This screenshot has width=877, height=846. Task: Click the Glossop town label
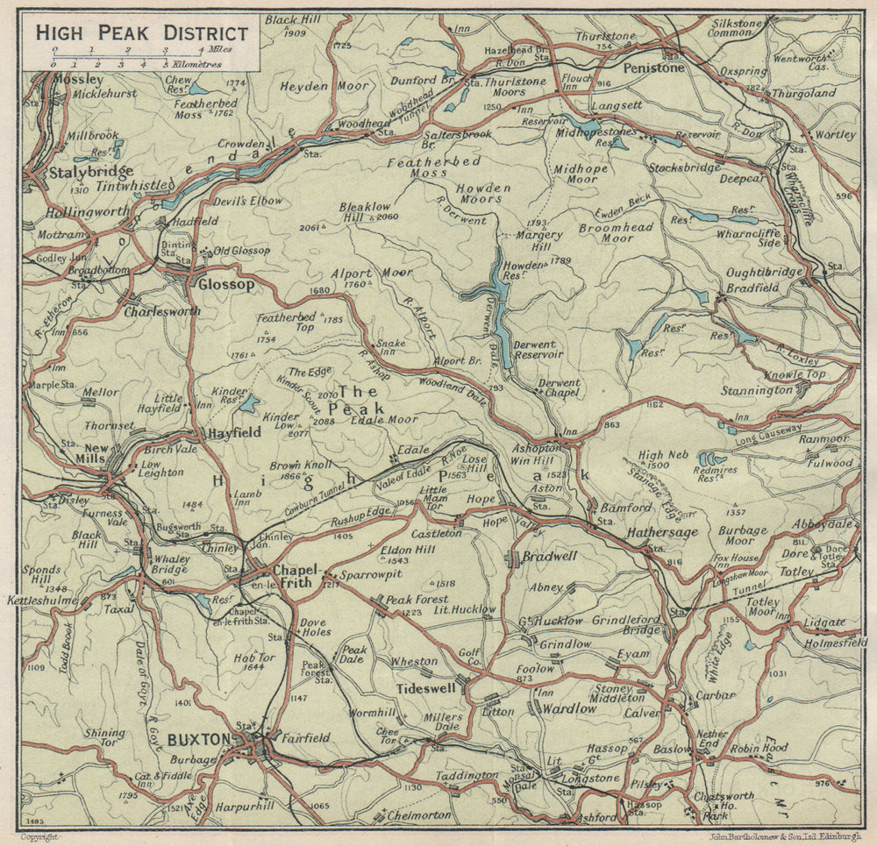click(225, 285)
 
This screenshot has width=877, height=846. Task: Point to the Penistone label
click(653, 68)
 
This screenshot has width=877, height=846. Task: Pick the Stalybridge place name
click(91, 172)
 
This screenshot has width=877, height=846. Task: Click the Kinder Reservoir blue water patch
click(250, 403)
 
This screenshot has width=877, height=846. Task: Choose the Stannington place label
click(757, 390)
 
